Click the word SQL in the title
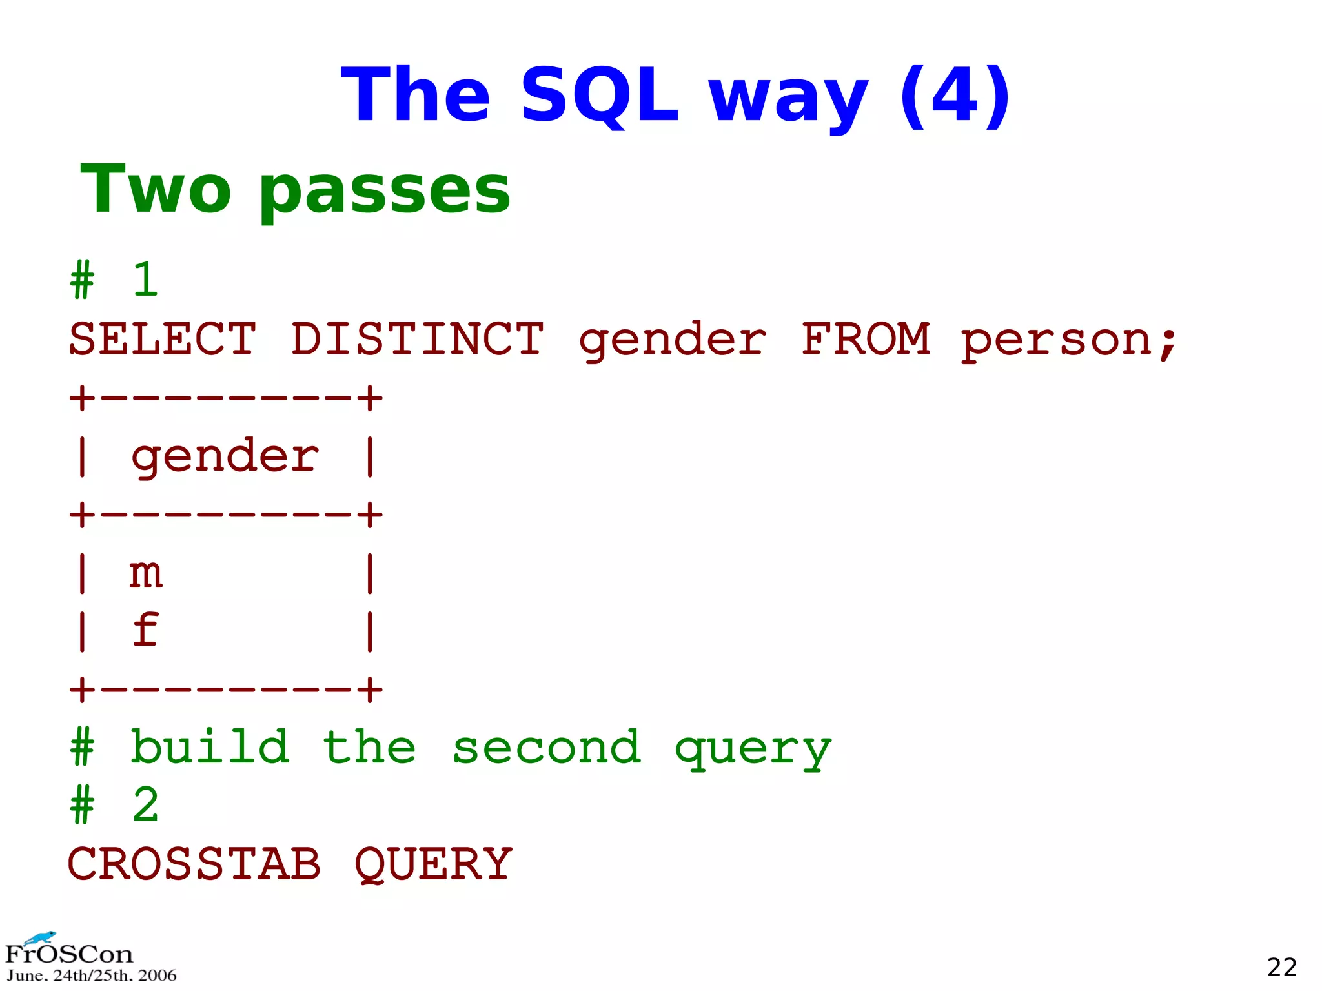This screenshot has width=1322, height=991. (599, 96)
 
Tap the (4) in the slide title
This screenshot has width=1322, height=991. (955, 96)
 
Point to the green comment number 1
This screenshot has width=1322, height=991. (146, 280)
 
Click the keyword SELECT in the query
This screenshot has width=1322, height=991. (162, 339)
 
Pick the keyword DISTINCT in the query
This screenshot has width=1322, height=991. (417, 339)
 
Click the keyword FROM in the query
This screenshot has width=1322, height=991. (866, 339)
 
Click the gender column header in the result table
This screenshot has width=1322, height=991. (225, 457)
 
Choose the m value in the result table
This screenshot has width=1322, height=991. (146, 573)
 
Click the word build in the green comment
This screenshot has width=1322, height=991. (210, 747)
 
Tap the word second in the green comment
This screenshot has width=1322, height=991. (546, 748)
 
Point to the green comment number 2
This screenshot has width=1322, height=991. (146, 805)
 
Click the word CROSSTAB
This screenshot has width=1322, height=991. (194, 864)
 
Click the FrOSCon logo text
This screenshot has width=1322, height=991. (69, 954)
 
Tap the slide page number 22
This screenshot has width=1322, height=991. (1281, 967)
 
